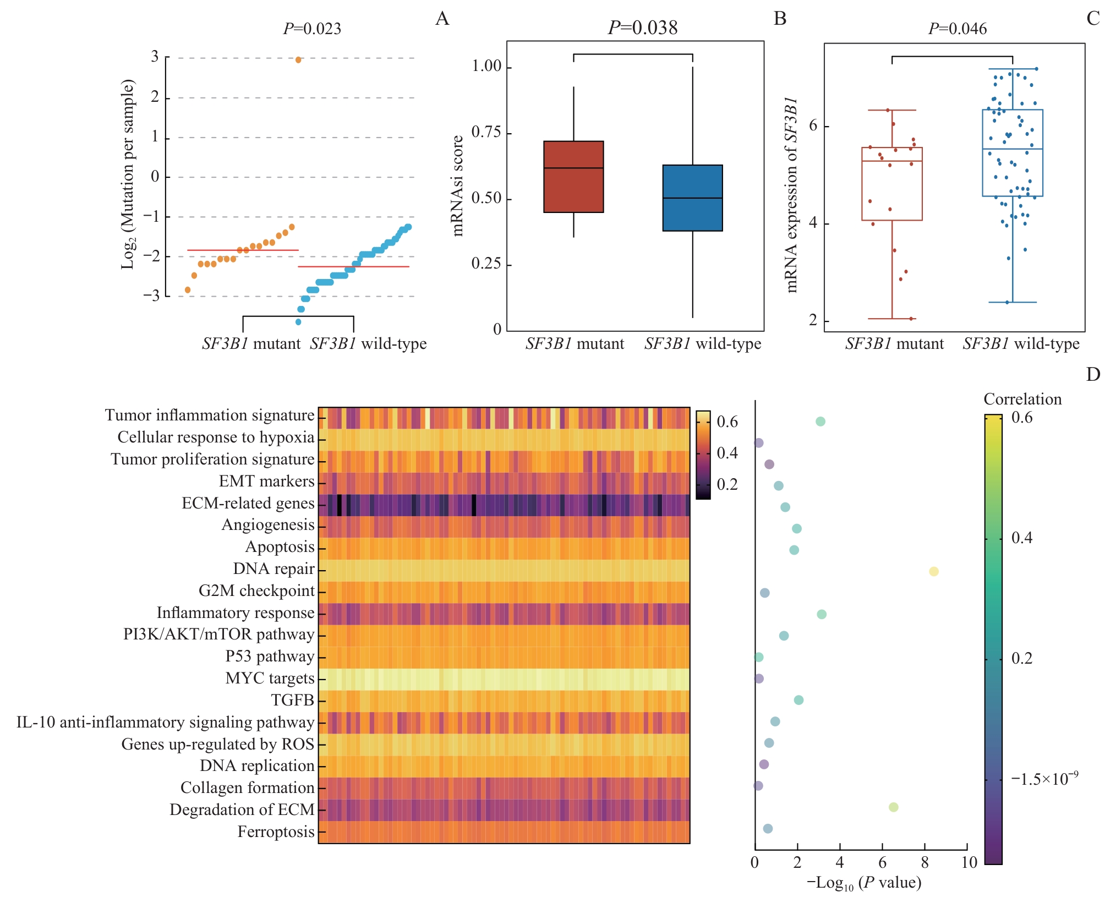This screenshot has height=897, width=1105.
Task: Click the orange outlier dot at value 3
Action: coord(298,60)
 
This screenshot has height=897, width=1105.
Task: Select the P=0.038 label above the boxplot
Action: coord(642,28)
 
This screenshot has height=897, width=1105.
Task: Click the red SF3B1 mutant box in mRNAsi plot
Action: coord(573,177)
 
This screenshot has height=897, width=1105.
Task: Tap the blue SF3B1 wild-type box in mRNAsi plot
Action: coord(692,198)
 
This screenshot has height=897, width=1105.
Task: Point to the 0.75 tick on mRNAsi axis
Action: coord(486,132)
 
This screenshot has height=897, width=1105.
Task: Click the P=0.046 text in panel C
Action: coord(957,29)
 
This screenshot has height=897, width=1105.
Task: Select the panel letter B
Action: coord(780,19)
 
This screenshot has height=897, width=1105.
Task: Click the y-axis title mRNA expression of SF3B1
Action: coord(791,195)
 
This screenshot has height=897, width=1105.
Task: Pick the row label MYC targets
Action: coord(270,678)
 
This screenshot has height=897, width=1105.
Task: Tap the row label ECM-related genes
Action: coord(248,503)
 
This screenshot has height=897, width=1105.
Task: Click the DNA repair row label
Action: coord(273,568)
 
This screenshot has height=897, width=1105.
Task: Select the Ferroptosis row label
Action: coord(276,832)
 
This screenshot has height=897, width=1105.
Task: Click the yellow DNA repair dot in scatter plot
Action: coord(933,572)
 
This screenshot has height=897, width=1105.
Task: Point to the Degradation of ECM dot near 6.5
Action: coord(893,807)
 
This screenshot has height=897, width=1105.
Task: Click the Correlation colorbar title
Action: coord(1022,399)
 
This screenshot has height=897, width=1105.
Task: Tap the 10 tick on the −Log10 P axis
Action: coord(969,862)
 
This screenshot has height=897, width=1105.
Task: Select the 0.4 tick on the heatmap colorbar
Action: coord(727,453)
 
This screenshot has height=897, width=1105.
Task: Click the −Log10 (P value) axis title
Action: coord(863,883)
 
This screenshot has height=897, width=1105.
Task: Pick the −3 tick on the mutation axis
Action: coord(151,296)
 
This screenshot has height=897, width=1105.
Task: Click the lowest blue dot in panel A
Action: coord(298,322)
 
